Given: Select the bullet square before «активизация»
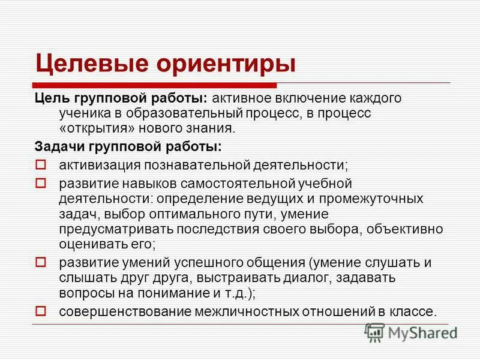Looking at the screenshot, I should point(41,164).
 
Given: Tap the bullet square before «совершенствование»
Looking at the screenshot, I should point(41,310).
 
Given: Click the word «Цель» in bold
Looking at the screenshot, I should point(52,97).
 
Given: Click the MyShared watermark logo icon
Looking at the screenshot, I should point(375,332).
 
